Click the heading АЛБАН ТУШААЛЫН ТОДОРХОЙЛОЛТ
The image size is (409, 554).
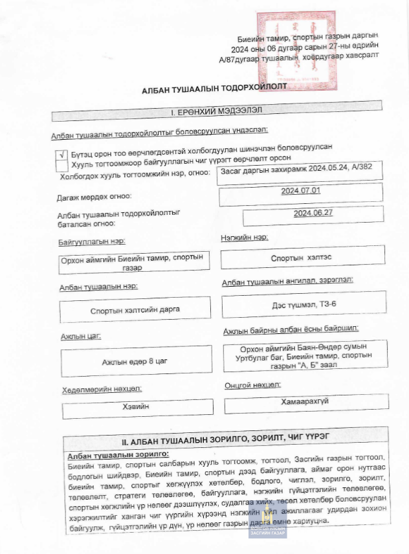214,86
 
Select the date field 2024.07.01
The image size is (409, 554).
301,192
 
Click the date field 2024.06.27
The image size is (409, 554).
313,214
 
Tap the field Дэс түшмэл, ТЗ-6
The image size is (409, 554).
304,303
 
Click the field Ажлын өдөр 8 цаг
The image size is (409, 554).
135,362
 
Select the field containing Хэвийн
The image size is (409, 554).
135,407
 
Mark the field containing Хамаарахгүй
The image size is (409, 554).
305,402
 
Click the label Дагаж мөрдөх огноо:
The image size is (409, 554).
94,196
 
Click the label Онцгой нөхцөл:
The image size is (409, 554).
252,385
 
